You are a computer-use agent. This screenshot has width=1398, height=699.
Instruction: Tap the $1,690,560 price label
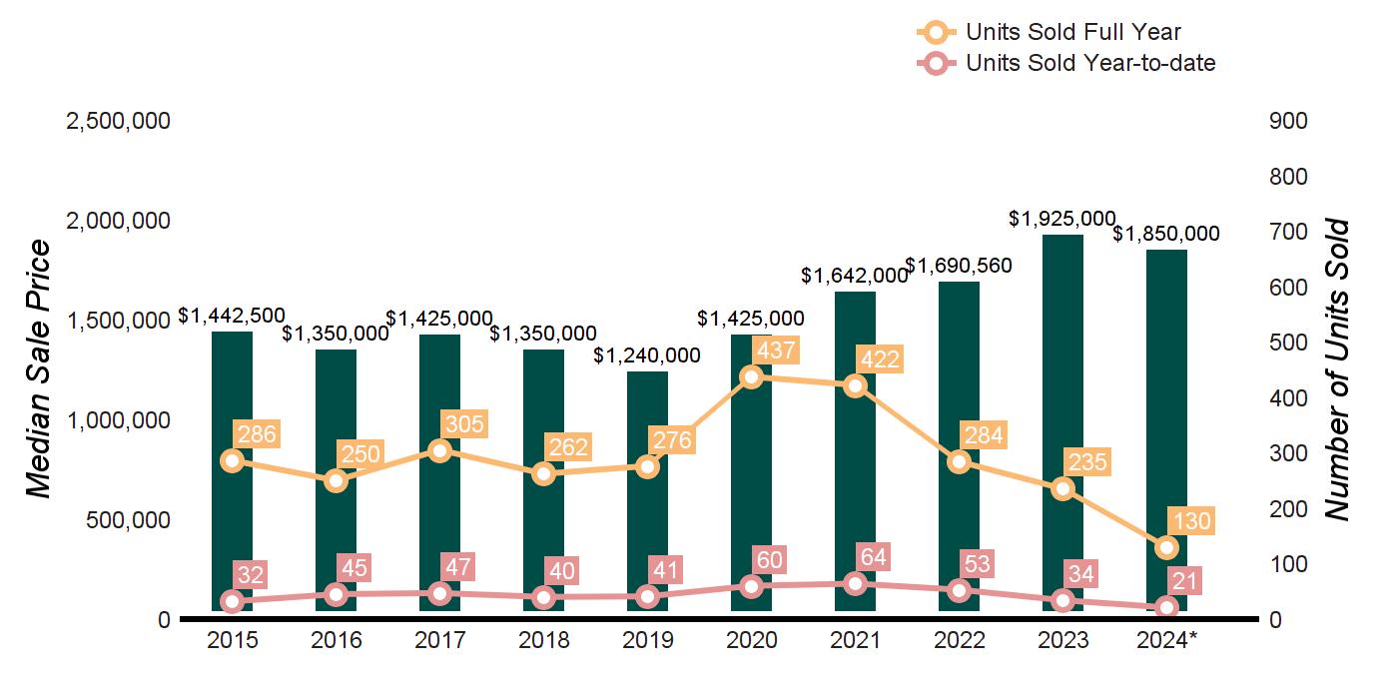959,266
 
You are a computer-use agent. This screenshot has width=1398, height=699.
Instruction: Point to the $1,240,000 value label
647,355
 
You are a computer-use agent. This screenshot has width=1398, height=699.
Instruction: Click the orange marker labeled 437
752,376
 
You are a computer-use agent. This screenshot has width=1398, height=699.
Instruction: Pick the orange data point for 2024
1166,548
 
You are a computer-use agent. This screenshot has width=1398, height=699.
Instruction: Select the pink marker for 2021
856,584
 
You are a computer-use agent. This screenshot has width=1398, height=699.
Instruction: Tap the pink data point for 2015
233,601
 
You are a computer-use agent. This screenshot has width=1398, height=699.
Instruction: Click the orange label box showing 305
462,424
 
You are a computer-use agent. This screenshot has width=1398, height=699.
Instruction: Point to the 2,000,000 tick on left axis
118,221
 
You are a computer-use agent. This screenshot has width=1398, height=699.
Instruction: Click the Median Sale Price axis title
39,369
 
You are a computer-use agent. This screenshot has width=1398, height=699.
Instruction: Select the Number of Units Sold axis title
1337,369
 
